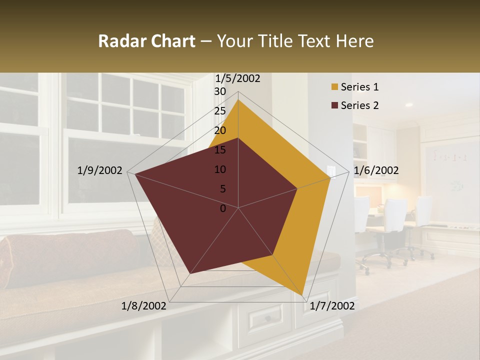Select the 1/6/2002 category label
(376, 171)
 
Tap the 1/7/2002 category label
(332, 306)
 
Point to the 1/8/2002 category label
(144, 306)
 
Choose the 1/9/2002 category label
(99, 170)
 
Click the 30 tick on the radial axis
(220, 91)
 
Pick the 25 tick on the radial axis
(220, 111)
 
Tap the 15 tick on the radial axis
(220, 150)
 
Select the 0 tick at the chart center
(223, 208)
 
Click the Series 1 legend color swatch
(334, 87)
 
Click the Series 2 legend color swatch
(334, 105)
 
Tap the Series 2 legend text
(359, 105)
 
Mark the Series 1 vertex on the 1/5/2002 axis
(238, 99)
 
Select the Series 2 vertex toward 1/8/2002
(190, 273)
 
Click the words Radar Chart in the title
(146, 41)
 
